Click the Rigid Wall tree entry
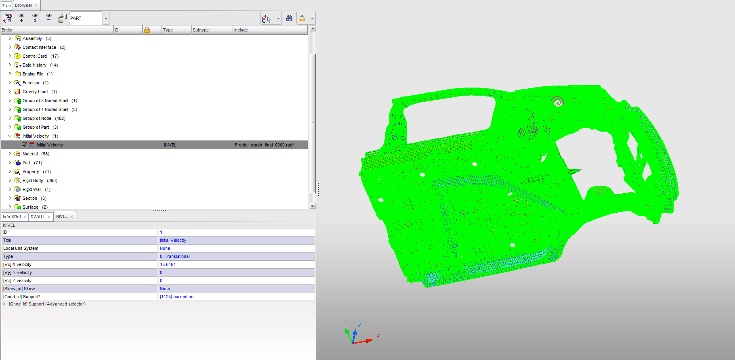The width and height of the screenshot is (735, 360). click(x=32, y=189)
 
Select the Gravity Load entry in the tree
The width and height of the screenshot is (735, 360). click(x=35, y=92)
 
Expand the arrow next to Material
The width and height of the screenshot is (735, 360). click(x=10, y=154)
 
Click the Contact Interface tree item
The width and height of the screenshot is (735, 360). click(x=39, y=47)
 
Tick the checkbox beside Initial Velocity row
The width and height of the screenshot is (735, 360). click(x=25, y=145)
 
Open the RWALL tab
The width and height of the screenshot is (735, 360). click(x=38, y=217)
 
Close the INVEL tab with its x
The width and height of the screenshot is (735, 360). click(x=71, y=217)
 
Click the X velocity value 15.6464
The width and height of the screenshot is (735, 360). click(x=168, y=264)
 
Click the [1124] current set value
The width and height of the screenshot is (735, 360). click(x=177, y=297)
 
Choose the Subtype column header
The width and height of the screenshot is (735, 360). click(x=201, y=30)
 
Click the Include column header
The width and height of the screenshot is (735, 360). click(x=241, y=30)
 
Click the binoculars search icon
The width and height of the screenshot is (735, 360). click(x=289, y=18)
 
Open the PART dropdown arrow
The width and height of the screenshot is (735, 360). click(x=106, y=18)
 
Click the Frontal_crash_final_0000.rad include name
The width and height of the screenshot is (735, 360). click(x=264, y=145)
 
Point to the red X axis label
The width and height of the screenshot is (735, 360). click(x=378, y=335)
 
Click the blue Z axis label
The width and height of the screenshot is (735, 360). click(x=359, y=324)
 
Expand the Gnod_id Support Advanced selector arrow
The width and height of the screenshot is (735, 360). click(x=4, y=304)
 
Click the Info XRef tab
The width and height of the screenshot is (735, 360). click(x=12, y=217)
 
